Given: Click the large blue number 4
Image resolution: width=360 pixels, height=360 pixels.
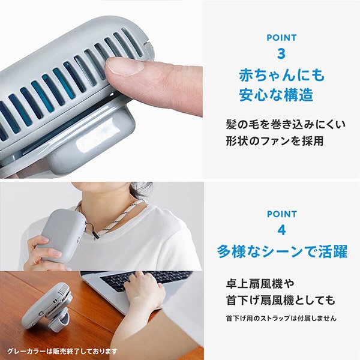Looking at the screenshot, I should [281, 232].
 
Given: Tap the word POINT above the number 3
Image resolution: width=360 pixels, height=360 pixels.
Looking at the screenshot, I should [281, 38].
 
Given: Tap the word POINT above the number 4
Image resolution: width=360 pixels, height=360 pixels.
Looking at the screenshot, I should [281, 214].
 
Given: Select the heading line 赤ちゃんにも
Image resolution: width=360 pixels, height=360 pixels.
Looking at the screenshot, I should [281, 76].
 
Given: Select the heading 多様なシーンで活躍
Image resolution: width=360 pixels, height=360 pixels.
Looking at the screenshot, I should [281, 251].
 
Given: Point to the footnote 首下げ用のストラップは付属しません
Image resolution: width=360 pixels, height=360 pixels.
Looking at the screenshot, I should [281, 318].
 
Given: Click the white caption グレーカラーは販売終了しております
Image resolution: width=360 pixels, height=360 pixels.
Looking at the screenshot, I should [62, 351].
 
